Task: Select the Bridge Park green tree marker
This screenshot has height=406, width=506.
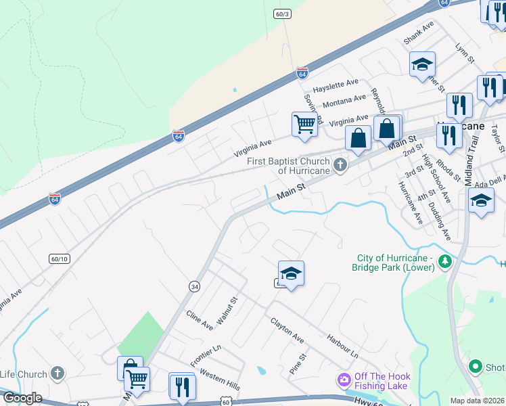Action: pos(444,261)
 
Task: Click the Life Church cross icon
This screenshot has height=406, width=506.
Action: pos(57,373)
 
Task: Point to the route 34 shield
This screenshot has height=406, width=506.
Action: pos(194,287)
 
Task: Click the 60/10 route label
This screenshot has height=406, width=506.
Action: pos(60,258)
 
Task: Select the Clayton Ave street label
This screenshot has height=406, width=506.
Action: pos(287,330)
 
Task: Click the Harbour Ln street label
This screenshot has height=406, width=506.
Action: pos(341,344)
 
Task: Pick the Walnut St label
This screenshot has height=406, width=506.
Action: pos(226,309)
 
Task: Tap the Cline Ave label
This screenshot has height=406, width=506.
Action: pos(200,321)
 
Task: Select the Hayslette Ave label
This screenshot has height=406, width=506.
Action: pos(335,84)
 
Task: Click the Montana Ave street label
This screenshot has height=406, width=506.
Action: pos(344,101)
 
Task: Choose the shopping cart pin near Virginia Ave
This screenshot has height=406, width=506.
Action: pos(305,125)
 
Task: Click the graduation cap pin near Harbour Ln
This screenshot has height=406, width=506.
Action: pos(291,273)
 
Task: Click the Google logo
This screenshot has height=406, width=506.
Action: pos(22,398)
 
